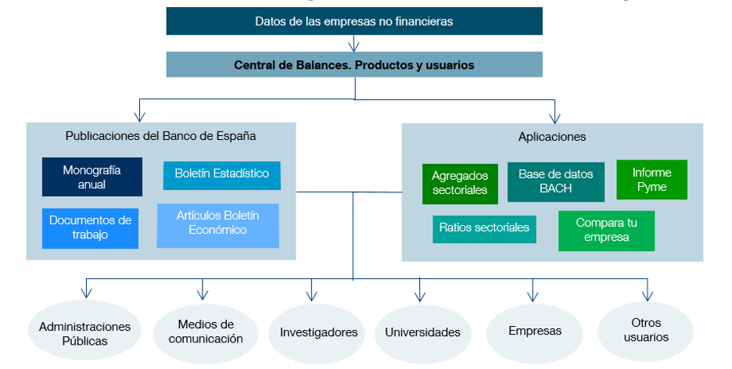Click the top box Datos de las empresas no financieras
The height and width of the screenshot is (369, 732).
point(353,21)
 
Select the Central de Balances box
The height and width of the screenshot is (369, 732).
point(353,65)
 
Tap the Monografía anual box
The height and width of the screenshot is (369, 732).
point(92,177)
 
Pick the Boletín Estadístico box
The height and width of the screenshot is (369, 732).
point(222,174)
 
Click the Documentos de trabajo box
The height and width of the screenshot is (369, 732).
point(90,227)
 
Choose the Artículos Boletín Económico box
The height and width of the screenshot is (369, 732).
point(217,223)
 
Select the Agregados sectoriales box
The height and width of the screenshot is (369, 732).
point(459,183)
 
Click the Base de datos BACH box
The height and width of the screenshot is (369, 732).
point(556,181)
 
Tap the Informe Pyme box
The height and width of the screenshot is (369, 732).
point(651,179)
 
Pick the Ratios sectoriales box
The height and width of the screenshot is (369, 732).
point(484,228)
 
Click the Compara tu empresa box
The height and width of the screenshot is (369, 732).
point(606,231)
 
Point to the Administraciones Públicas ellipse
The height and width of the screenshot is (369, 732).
point(84,333)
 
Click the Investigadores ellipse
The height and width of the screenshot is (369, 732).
point(318,332)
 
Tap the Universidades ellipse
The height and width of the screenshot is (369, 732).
point(422,332)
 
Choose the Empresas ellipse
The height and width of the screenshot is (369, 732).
point(535,331)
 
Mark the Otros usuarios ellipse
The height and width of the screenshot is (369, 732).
point(646,330)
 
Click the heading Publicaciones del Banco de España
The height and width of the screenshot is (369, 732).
point(160,136)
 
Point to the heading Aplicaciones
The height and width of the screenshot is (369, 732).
point(552,136)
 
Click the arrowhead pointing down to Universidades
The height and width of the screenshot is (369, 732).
point(419,296)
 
